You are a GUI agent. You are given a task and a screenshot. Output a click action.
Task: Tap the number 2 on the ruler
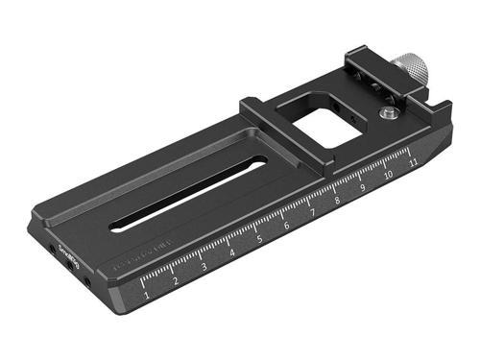click(176, 282)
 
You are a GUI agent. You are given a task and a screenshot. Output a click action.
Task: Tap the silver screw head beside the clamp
click(386, 114)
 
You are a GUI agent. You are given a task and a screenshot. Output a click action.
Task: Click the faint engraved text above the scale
click(140, 254)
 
